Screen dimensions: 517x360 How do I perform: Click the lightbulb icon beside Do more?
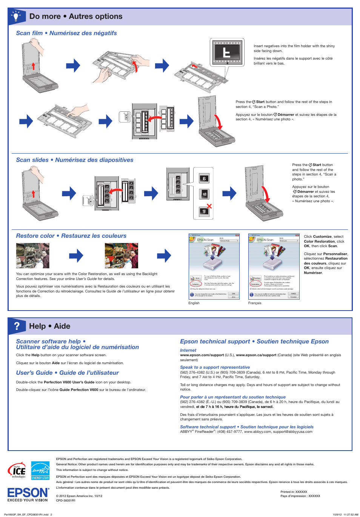16,17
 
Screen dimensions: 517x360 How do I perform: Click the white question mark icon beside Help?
17,326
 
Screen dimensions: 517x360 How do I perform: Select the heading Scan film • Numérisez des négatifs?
66,33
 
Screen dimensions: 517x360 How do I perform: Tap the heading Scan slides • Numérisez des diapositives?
75,160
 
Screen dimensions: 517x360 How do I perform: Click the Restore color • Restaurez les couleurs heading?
71,236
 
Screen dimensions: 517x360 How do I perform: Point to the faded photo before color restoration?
33,255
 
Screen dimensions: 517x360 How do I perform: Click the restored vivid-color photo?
121,255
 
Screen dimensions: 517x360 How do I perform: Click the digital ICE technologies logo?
17,471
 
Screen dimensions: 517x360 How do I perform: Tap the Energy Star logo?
40,471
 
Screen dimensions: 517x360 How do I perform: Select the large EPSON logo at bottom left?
28,493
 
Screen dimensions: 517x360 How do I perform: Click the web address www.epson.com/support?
202,355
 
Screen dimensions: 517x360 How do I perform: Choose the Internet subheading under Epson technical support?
188,350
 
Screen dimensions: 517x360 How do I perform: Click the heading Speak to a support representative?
215,367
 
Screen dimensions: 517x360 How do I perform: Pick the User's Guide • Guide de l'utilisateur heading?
68,373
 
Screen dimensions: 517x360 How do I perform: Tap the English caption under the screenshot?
194,303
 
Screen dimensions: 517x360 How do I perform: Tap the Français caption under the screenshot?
255,303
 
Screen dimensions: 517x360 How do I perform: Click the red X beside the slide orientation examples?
209,206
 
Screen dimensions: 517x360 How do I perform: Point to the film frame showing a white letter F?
226,52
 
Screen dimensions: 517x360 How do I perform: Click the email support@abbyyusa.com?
292,432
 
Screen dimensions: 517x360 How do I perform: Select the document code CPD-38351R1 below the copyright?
66,500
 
